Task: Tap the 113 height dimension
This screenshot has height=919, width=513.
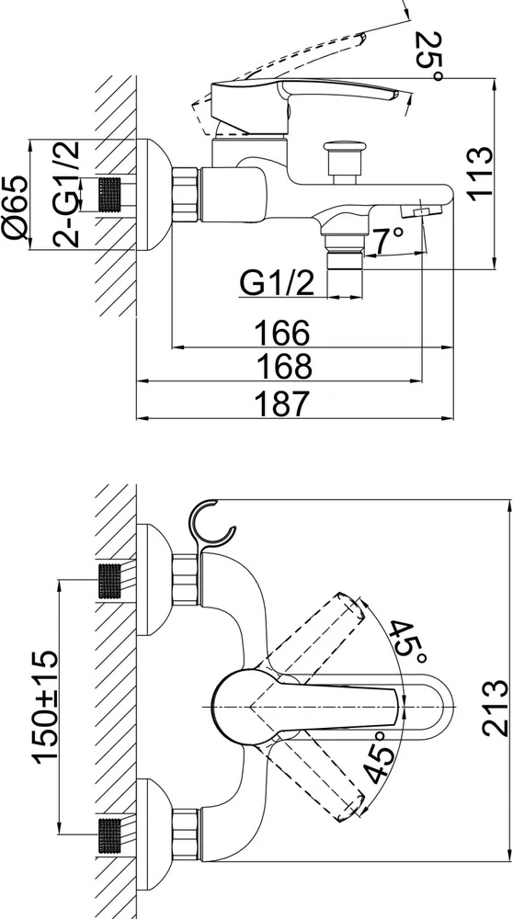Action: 482,174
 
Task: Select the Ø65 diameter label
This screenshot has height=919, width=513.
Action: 16,207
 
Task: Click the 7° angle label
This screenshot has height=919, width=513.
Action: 388,240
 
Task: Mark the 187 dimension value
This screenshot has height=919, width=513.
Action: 282,403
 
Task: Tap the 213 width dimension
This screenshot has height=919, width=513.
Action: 496,708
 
